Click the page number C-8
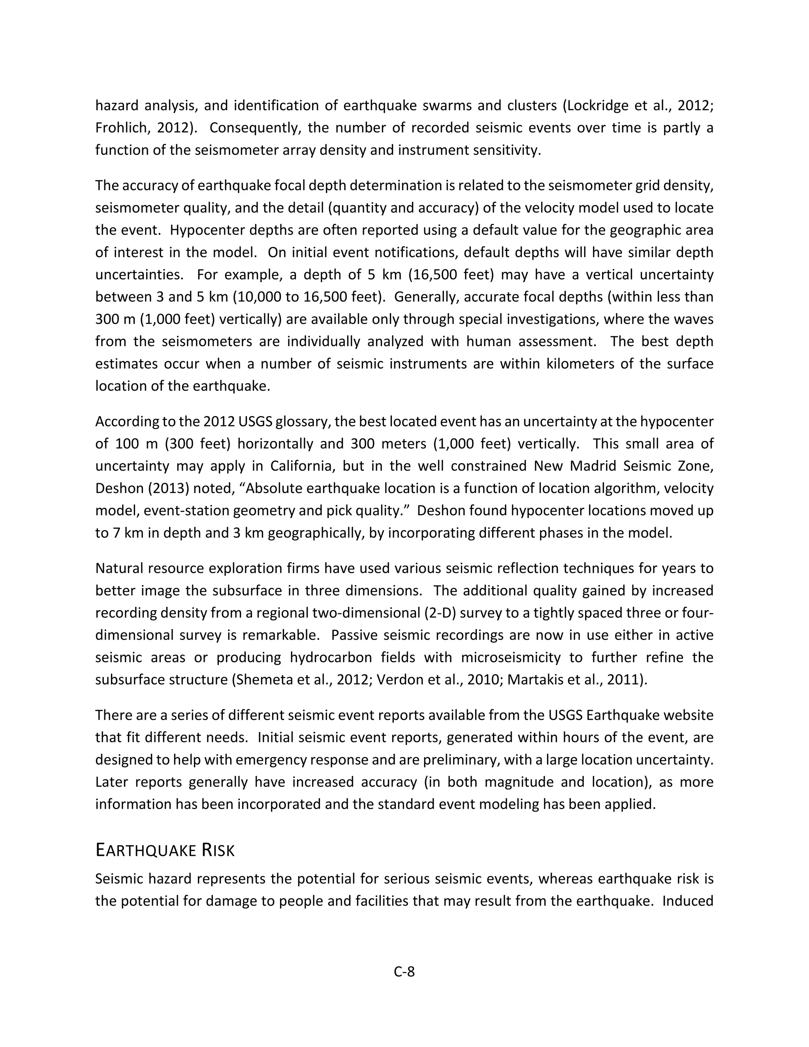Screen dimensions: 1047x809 [x=404, y=972]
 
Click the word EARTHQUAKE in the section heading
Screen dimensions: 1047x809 [x=146, y=851]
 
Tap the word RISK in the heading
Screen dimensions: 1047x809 [x=218, y=851]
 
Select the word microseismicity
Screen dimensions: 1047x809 [x=510, y=657]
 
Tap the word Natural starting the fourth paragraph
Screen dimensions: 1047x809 [x=119, y=569]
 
